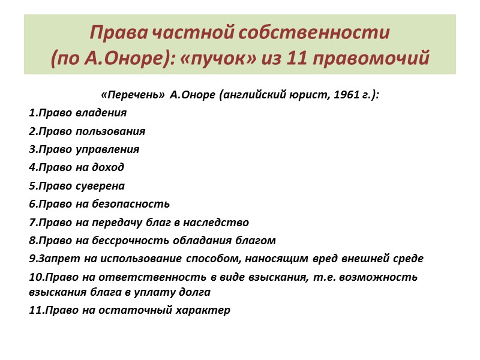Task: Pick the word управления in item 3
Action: tap(110, 149)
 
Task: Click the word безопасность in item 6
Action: tap(133, 204)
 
